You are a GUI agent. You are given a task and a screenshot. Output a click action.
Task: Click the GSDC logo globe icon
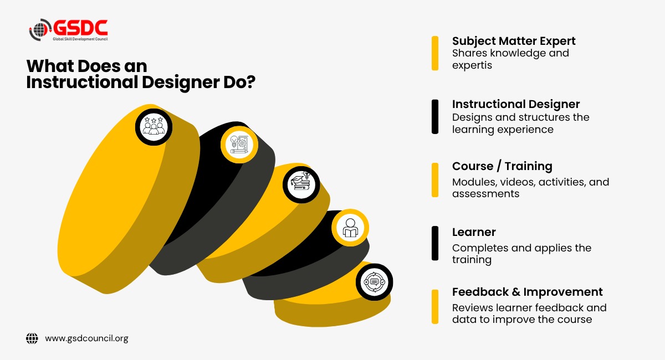pyautogui.click(x=40, y=30)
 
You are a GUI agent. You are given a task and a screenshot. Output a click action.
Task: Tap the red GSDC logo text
pyautogui.click(x=80, y=28)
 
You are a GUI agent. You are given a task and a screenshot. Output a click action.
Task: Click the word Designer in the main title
pyautogui.click(x=181, y=83)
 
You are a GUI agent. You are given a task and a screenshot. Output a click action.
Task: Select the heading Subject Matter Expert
pyautogui.click(x=514, y=41)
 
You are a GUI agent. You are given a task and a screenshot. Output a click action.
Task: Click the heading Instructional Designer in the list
pyautogui.click(x=516, y=105)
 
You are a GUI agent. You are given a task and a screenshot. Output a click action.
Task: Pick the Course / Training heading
pyautogui.click(x=502, y=166)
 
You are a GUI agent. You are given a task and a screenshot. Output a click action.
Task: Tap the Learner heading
pyautogui.click(x=474, y=232)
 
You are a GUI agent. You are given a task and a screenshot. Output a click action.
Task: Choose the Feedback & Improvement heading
pyautogui.click(x=527, y=292)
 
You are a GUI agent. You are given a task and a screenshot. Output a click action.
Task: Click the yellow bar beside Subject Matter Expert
pyautogui.click(x=435, y=53)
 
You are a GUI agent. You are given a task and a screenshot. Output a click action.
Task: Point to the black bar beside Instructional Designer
pyautogui.click(x=435, y=117)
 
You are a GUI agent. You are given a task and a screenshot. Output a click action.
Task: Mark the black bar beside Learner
pyautogui.click(x=435, y=243)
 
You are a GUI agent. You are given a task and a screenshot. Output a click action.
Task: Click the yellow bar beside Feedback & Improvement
pyautogui.click(x=435, y=307)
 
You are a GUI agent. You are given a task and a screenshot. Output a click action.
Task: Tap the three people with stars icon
pyautogui.click(x=154, y=127)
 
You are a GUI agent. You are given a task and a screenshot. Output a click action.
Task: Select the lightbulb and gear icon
pyautogui.click(x=239, y=145)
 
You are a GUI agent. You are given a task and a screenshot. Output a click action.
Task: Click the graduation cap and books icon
pyautogui.click(x=301, y=184)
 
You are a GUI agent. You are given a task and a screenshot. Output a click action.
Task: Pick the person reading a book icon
pyautogui.click(x=350, y=228)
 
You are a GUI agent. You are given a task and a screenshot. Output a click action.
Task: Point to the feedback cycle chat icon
pyautogui.click(x=375, y=282)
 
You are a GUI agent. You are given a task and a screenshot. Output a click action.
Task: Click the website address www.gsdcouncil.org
pyautogui.click(x=86, y=338)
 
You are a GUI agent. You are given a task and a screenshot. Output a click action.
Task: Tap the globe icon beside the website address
pyautogui.click(x=32, y=338)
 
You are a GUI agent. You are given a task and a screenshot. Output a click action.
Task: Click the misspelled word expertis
pyautogui.click(x=472, y=65)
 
